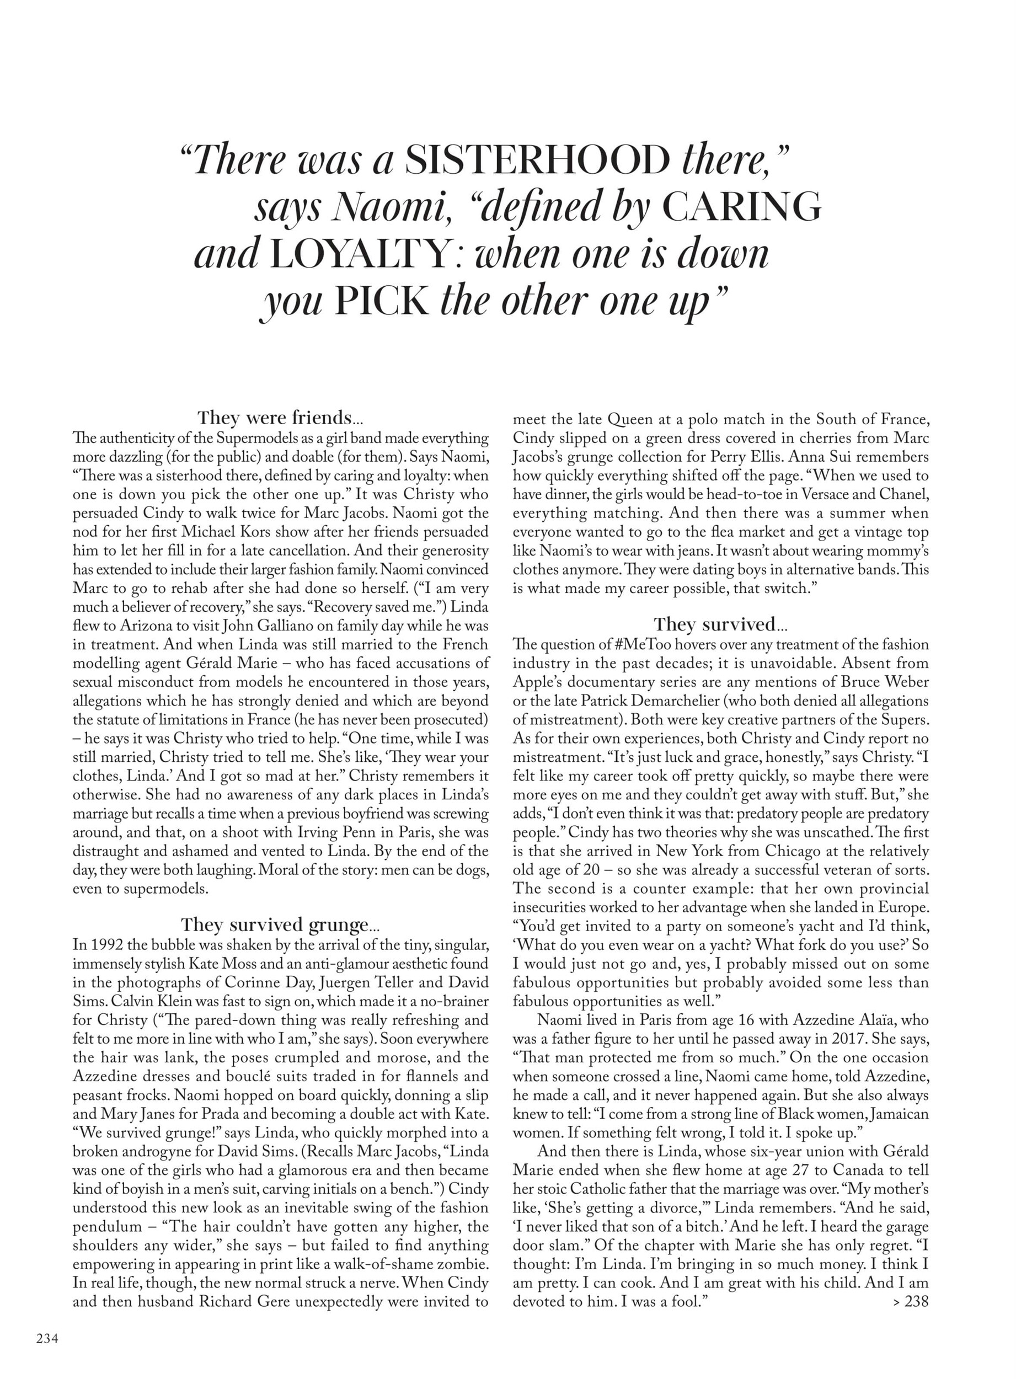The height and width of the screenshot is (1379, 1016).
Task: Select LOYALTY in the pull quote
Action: click(x=359, y=254)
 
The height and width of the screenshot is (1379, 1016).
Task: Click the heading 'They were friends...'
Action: click(x=280, y=418)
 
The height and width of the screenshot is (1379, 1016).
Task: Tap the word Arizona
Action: click(x=145, y=626)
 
